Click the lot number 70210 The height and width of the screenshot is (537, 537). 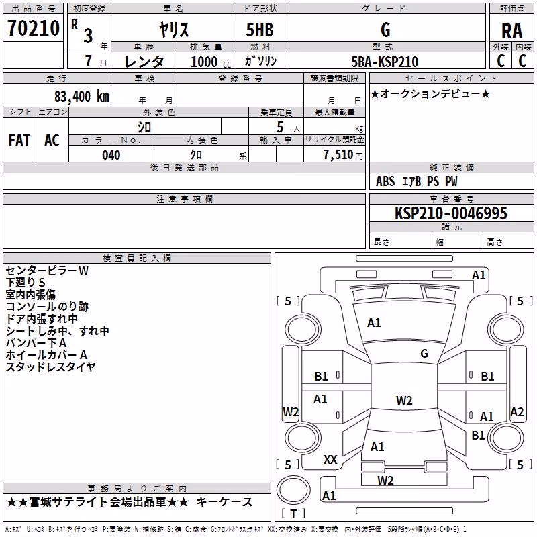click(33, 28)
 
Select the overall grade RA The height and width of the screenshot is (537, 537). click(511, 31)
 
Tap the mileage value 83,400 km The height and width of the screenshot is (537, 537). click(81, 97)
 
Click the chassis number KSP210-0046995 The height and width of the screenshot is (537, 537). click(450, 213)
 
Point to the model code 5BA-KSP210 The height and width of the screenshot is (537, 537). click(385, 62)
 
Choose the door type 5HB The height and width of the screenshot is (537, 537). click(260, 30)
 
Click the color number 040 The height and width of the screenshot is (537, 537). click(111, 155)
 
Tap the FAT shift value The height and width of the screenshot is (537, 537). click(19, 140)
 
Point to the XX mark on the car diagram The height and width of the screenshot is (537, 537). click(330, 460)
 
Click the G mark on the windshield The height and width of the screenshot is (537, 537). click(424, 354)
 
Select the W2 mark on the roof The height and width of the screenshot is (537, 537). click(404, 400)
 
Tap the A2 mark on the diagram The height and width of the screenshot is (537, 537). click(517, 411)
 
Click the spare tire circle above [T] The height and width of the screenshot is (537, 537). click(293, 490)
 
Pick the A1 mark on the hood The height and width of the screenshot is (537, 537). click(374, 323)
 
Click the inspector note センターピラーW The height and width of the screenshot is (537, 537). click(47, 271)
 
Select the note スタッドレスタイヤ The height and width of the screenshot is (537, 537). click(50, 367)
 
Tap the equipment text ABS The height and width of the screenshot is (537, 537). click(385, 181)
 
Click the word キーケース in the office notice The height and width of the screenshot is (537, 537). click(224, 502)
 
